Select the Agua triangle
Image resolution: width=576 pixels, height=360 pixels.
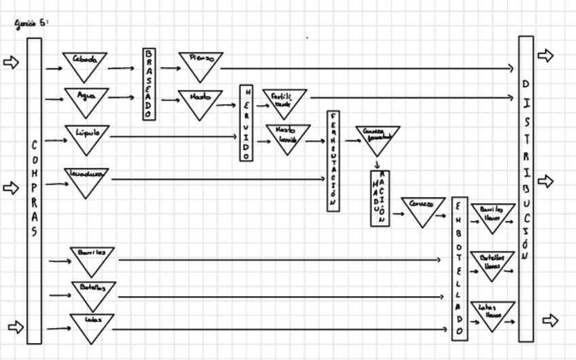click(86, 100)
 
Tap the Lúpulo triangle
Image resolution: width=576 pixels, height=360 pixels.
click(87, 136)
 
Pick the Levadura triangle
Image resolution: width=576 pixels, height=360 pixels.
click(86, 179)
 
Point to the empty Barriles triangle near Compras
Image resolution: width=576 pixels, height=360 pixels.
click(92, 259)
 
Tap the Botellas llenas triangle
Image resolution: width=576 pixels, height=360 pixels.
click(492, 264)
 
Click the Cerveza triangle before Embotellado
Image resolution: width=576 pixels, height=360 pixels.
click(422, 209)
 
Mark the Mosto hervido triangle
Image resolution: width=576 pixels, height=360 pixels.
click(288, 137)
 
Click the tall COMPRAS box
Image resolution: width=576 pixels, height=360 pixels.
click(34, 190)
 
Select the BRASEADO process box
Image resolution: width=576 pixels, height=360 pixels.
click(149, 84)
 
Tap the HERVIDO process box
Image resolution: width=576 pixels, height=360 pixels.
click(246, 123)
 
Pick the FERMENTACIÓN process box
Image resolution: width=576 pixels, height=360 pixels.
click(333, 161)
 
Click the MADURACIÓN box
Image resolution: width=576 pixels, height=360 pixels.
click(380, 198)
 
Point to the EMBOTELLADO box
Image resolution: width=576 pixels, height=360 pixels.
click(459, 268)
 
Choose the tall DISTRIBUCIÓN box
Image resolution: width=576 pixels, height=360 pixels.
click(526, 188)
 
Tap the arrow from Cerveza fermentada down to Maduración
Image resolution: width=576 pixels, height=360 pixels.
click(376, 164)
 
